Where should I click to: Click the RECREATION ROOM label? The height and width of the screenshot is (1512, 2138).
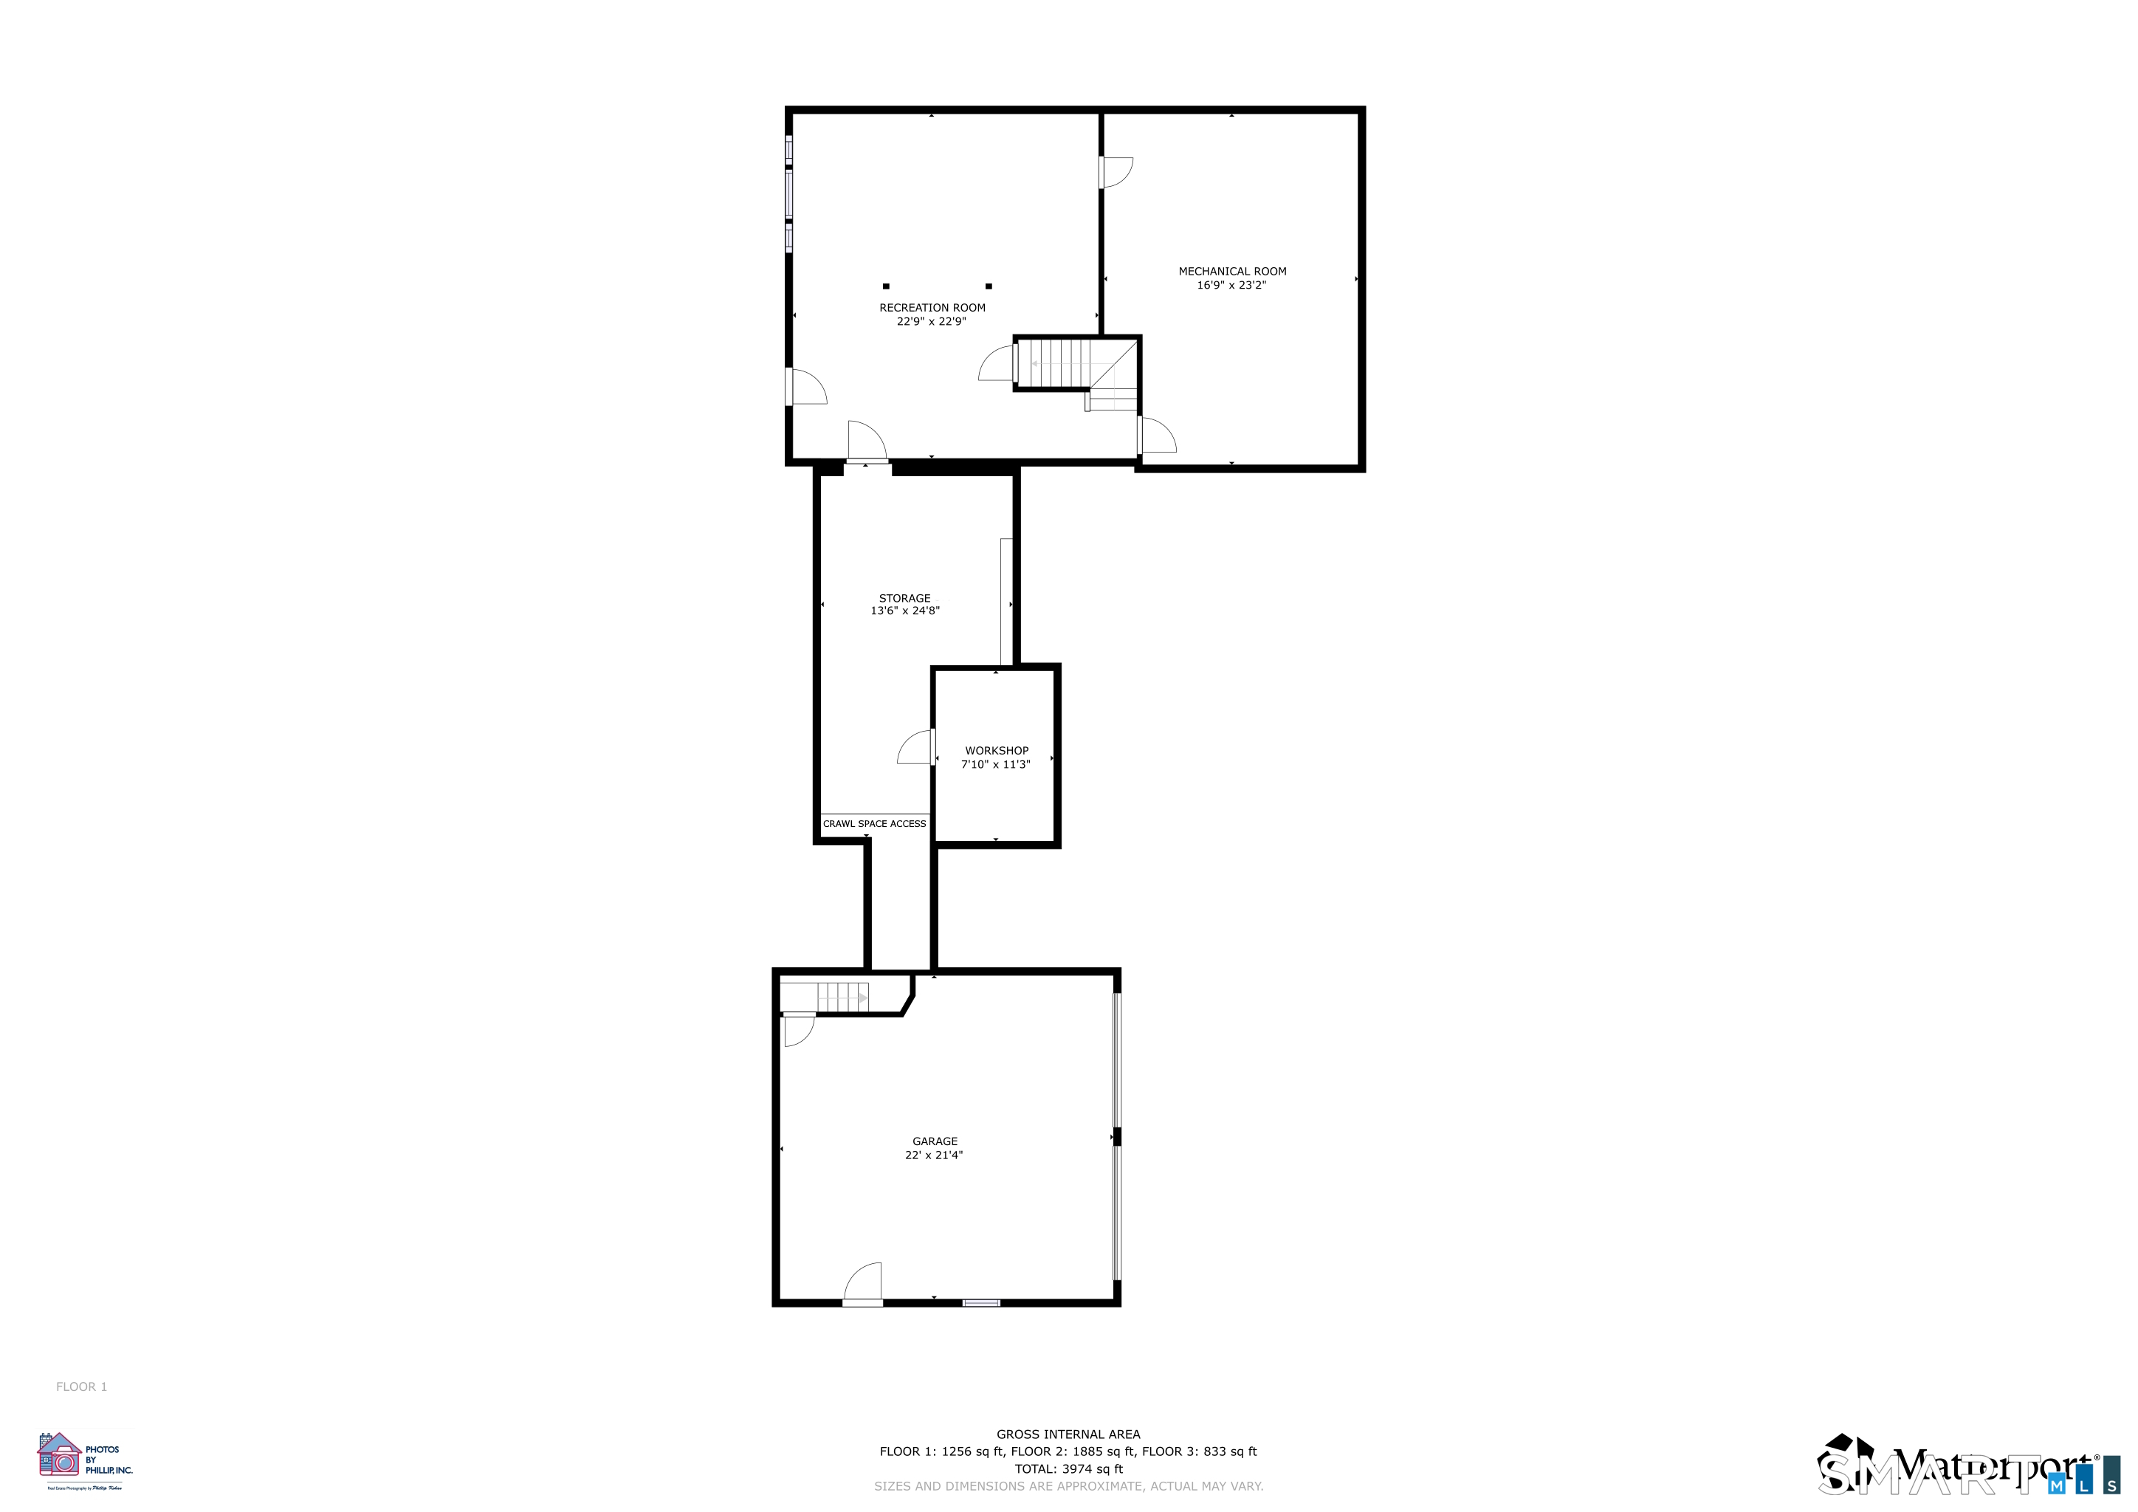tap(932, 308)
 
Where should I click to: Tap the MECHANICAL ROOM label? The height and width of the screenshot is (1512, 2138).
tap(1232, 272)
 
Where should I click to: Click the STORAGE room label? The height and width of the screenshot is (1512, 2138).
tap(904, 599)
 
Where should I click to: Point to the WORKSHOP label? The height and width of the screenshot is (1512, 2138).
tap(997, 750)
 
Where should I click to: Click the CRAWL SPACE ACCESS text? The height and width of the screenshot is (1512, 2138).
tap(874, 824)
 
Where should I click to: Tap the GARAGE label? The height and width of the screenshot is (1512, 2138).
tap(935, 1141)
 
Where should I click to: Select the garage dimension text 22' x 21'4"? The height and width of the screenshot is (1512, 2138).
tap(934, 1155)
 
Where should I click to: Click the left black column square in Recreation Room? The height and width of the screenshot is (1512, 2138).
tap(886, 286)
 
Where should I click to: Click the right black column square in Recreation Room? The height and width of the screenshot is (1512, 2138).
tap(989, 286)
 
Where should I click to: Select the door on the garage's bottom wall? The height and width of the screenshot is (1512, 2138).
tap(863, 1285)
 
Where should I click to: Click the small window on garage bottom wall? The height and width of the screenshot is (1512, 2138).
tap(980, 1302)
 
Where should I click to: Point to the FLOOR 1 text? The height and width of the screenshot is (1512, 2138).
tap(81, 1387)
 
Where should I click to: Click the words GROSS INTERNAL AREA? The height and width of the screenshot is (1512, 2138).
tap(1068, 1434)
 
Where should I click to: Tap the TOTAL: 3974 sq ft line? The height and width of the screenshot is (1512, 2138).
tap(1068, 1469)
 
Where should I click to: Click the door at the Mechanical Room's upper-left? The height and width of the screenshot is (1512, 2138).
tap(1115, 172)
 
